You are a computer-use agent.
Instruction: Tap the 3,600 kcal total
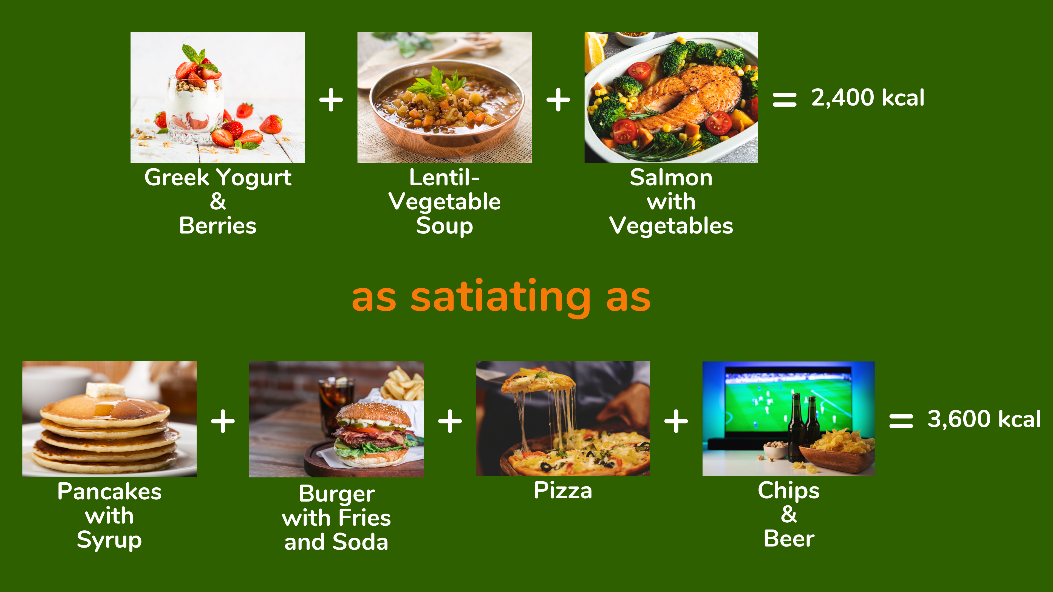(x=984, y=419)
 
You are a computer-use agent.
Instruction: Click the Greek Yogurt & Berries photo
(x=217, y=98)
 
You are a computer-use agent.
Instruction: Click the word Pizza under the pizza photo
(x=563, y=490)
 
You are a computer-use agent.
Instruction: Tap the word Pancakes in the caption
(x=110, y=491)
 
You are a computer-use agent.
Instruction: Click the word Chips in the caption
(x=789, y=491)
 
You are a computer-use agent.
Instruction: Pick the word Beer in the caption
(x=789, y=539)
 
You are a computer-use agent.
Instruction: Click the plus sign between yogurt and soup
(x=331, y=100)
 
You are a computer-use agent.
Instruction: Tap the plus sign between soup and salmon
(x=558, y=100)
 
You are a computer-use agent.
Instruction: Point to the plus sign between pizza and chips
(x=676, y=421)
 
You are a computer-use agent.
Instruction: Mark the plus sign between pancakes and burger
(x=223, y=421)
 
